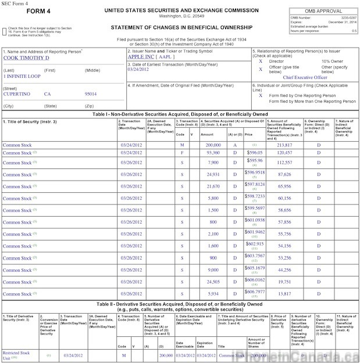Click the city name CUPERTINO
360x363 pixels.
point(17,94)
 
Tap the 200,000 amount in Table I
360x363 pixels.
point(212,144)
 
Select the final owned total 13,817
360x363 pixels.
point(285,294)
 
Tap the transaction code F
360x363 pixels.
point(182,152)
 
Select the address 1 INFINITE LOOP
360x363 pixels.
point(23,76)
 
